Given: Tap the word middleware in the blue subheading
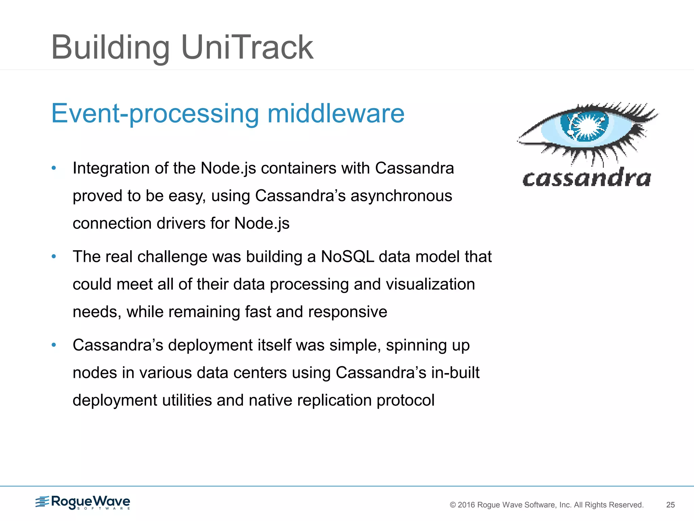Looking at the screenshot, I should [x=336, y=114].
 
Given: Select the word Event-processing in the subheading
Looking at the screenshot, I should [x=155, y=114].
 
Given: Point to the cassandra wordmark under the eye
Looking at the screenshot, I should [x=586, y=178].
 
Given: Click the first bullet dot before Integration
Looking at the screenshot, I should [x=54, y=168].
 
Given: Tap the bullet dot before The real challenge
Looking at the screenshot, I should [x=54, y=256].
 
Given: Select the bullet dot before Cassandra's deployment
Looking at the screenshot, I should [x=54, y=345].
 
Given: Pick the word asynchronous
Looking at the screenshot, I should [x=401, y=196].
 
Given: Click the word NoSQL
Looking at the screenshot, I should [x=347, y=257].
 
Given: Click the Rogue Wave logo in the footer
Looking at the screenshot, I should [x=83, y=502].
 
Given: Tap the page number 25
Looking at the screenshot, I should [x=670, y=505].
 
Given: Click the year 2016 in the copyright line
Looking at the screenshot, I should [x=467, y=505].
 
